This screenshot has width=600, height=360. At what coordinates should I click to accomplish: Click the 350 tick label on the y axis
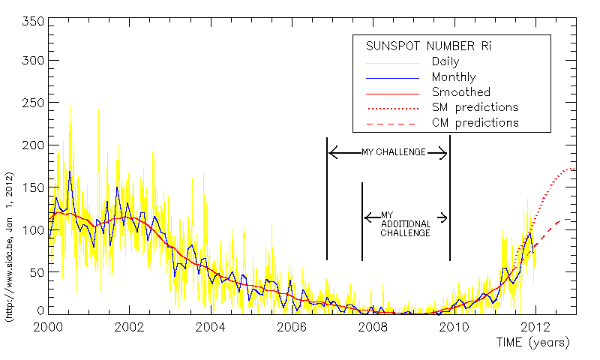coord(31,20)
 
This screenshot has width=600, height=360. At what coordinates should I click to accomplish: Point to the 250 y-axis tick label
coord(31,103)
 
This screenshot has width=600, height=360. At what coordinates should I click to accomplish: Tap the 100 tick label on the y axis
coord(31,229)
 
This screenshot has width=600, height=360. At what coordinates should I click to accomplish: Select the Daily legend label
coord(445,61)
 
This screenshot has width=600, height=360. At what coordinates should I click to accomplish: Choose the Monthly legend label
coord(453,76)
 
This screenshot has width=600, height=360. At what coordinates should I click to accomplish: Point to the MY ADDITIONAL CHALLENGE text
coord(405,223)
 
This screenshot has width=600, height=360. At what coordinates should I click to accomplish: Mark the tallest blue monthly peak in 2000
coord(70,172)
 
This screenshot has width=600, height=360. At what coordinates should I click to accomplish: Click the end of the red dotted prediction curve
coord(574,169)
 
